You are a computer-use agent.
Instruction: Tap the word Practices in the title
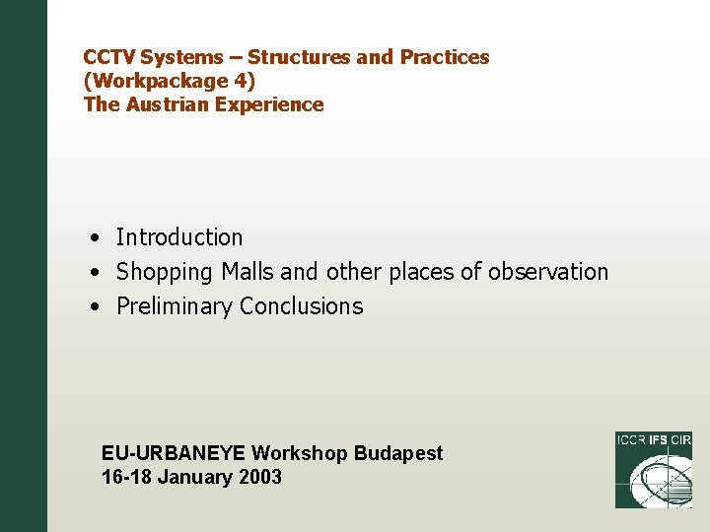coord(444,57)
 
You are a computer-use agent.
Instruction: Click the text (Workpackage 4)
coord(169,81)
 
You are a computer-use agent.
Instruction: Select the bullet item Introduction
coord(178,237)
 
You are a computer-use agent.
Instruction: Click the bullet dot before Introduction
coord(91,238)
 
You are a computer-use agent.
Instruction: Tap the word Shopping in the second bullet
coord(164,272)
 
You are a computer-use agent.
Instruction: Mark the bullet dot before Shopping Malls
coord(91,273)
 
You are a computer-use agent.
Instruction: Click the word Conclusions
coord(301,306)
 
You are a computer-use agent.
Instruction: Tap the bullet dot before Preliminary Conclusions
coord(91,307)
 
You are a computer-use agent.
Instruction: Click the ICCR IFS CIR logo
coord(653,470)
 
